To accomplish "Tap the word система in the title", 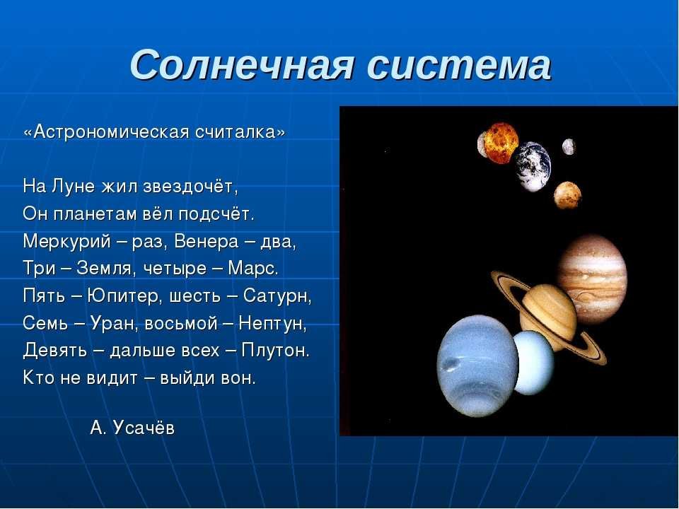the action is (x=459, y=65).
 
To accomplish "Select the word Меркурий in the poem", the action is (x=67, y=242).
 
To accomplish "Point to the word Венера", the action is (x=206, y=242).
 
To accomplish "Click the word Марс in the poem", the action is (x=253, y=269).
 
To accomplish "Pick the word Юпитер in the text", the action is (x=123, y=296).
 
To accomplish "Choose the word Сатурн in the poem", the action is (x=277, y=296).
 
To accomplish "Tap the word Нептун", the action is (x=272, y=323).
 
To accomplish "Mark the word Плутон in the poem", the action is (x=275, y=351).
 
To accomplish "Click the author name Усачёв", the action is (x=144, y=428).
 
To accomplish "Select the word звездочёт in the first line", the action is (x=190, y=187).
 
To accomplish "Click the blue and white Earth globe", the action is (x=533, y=166).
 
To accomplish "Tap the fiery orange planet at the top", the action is (x=498, y=143).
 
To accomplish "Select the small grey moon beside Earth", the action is (x=569, y=147).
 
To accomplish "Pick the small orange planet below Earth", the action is (x=567, y=195).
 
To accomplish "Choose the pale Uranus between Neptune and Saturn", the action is (x=533, y=363).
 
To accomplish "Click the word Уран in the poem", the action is (x=112, y=323).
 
